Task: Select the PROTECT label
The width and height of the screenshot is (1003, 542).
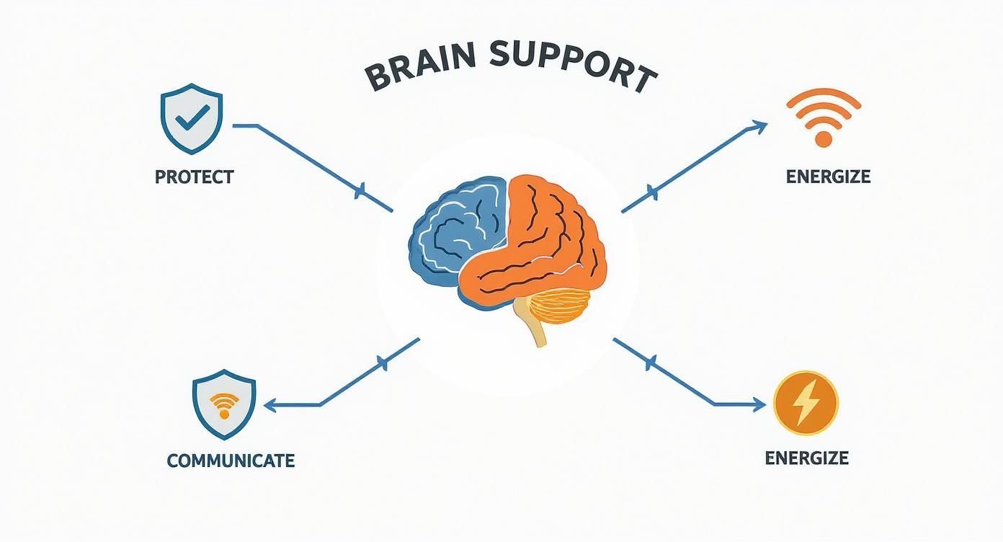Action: coord(194,177)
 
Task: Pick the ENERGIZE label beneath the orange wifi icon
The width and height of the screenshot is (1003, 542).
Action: coord(828,177)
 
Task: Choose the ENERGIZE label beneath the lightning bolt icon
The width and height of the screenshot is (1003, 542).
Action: coord(806,458)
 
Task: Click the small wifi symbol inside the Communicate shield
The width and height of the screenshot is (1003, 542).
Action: coord(224,406)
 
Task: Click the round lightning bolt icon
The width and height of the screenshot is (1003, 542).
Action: coord(805,404)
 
